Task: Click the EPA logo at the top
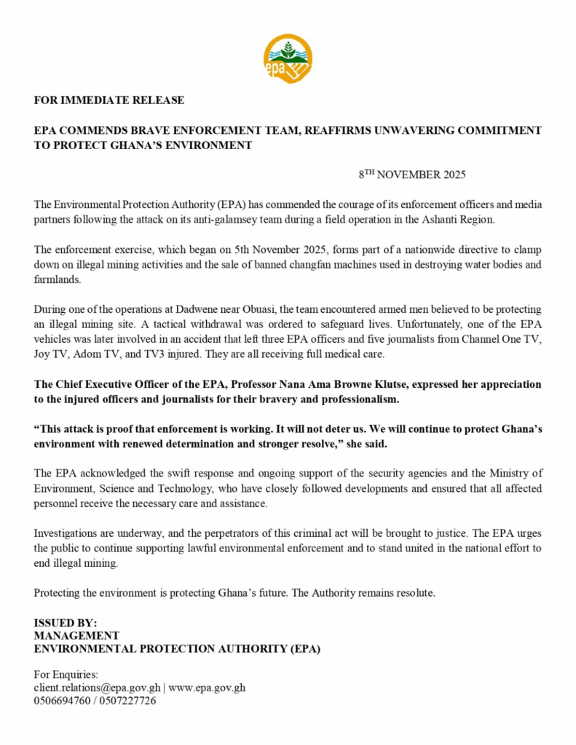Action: click(288, 57)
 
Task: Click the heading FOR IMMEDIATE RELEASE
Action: click(109, 100)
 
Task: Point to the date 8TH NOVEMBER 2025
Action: click(411, 175)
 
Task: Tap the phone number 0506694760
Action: click(61, 701)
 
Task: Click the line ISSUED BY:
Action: click(66, 623)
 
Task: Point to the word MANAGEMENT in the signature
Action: click(76, 636)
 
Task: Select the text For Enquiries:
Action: click(66, 674)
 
